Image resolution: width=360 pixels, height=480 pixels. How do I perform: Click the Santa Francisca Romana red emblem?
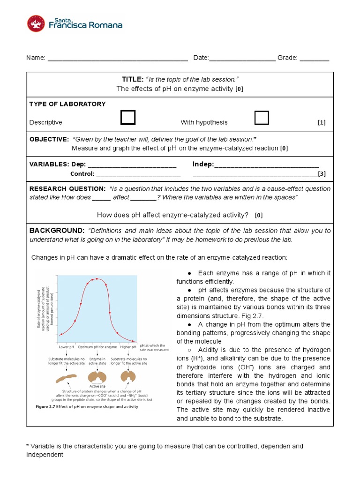coord(37,24)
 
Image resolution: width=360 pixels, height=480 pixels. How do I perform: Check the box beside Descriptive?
coord(127,118)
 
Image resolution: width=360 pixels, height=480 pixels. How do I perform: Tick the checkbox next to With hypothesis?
coord(262,118)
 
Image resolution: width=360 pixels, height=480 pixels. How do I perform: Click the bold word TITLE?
coord(133,80)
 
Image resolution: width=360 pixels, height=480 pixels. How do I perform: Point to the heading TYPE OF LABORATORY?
coord(67,104)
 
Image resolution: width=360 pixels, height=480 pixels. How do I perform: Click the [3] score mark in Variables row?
coord(322,174)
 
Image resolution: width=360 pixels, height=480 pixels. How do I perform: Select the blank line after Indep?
coord(266,165)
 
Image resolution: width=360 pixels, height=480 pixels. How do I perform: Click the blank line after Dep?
coord(132,165)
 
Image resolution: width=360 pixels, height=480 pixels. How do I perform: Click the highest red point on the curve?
coord(97,279)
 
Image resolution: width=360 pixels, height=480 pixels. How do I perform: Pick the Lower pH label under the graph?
coord(67,347)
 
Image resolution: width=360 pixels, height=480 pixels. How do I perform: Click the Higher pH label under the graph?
coord(128,347)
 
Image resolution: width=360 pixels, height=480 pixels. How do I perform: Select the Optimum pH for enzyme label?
coord(97,347)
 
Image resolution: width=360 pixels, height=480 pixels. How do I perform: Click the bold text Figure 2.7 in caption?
coord(49,407)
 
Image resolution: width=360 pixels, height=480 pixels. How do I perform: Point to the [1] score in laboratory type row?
coord(321,122)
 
